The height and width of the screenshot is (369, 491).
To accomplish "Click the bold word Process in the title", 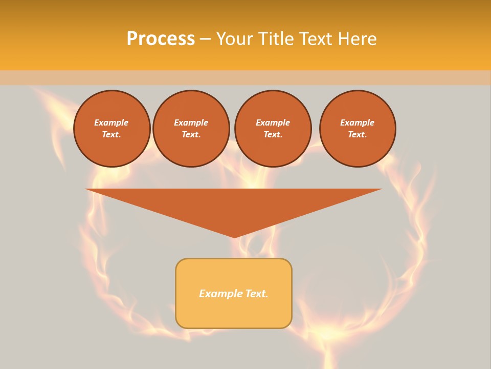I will click(161, 39).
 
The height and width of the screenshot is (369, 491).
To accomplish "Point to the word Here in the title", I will click(358, 39).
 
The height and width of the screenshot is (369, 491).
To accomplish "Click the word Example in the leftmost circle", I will click(111, 122).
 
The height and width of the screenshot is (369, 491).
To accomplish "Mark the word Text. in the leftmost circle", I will click(111, 135).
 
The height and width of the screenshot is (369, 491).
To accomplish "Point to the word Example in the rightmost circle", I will click(357, 122).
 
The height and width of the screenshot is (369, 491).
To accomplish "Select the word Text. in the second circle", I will click(191, 135).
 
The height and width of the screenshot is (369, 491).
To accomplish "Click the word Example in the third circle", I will click(273, 122).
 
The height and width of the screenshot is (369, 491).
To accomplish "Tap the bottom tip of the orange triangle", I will click(234, 236).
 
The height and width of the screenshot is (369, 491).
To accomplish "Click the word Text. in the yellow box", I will click(256, 294).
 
